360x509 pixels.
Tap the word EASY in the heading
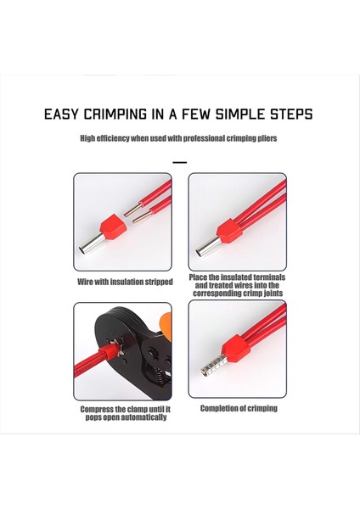click(64, 115)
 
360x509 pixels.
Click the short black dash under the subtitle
click(179, 161)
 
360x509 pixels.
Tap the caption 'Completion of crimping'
click(239, 408)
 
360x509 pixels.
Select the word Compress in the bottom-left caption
click(98, 409)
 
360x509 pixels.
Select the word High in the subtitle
click(88, 137)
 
